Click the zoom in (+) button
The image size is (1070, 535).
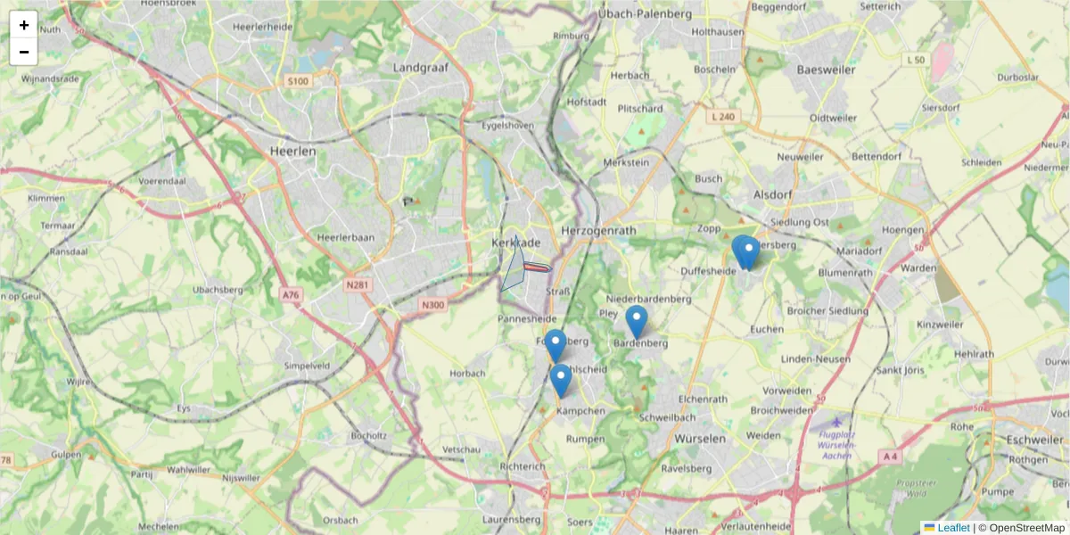24,25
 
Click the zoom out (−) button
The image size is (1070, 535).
24,52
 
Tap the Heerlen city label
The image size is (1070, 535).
292,152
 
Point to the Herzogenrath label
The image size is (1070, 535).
596,230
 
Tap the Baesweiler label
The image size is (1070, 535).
826,70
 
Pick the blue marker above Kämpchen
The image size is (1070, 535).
560,380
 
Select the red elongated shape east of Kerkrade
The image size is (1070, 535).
537,267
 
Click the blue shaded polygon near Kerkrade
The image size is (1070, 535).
514,266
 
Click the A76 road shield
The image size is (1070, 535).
291,295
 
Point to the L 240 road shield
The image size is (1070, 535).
724,117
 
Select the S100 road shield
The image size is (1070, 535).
298,81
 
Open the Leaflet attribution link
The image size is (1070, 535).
952,528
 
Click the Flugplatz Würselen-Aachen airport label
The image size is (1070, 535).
835,444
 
